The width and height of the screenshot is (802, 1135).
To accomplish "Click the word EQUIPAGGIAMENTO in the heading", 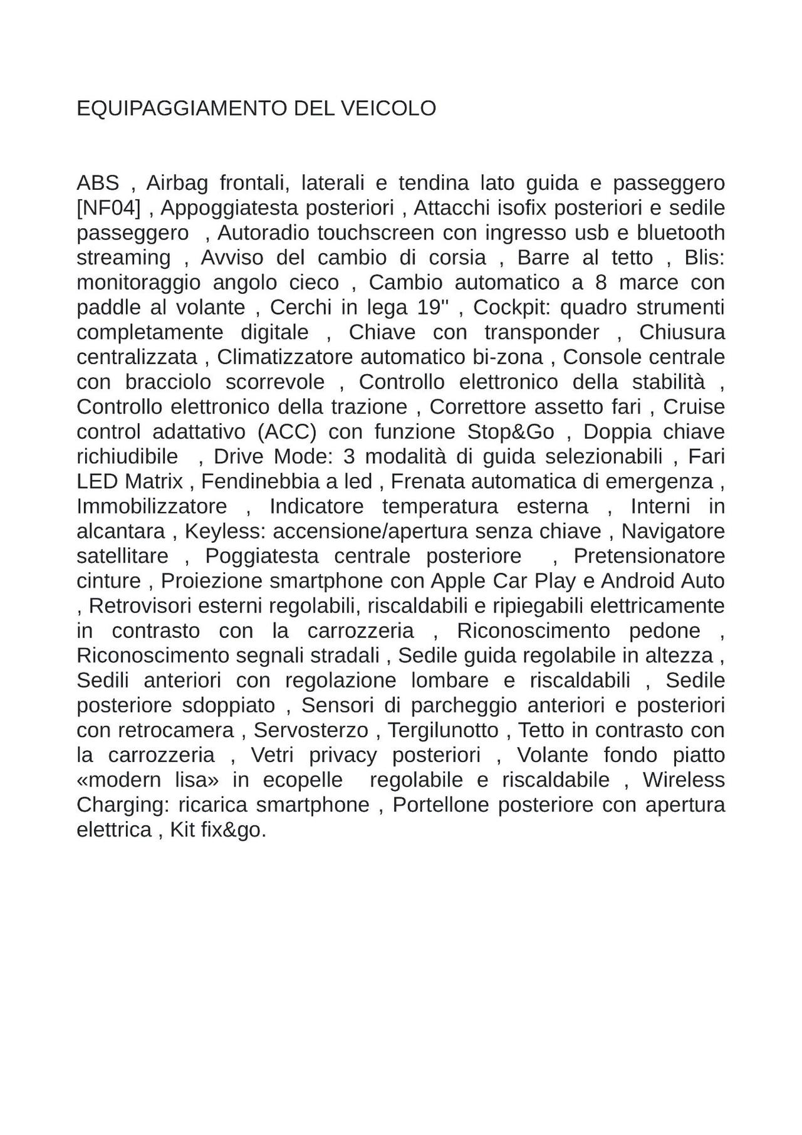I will point(174,108).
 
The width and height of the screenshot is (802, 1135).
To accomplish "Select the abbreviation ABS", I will point(98,183).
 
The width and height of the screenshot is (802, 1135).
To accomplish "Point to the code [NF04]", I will point(108,207).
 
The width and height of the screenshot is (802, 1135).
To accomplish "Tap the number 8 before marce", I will point(601,283).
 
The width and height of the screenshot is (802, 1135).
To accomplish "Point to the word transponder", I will point(541,332).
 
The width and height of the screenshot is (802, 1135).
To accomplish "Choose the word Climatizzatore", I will point(284,357).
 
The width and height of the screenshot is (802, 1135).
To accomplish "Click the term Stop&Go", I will point(511,432).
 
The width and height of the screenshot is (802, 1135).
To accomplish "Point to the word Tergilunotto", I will point(443,730).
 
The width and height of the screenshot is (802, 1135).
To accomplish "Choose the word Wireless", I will point(684,780).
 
